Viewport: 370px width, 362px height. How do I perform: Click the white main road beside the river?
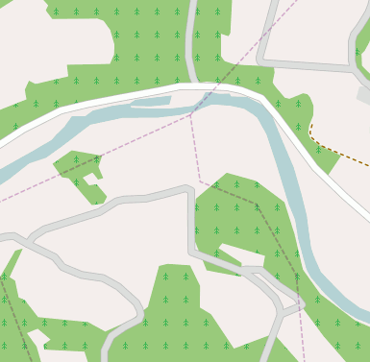(144, 96)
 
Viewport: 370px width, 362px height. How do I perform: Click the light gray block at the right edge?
(363, 95)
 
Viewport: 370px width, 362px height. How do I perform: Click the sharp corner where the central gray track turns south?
(188, 189)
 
